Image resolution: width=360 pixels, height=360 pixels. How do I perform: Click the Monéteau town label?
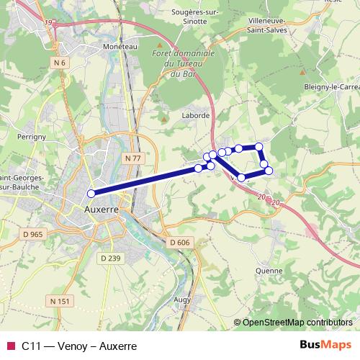coord(100,45)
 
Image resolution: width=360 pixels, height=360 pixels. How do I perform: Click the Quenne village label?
coord(268,271)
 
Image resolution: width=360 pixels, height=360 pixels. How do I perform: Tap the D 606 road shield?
coord(179,243)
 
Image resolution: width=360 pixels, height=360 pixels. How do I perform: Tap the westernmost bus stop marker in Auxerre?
coord(91,193)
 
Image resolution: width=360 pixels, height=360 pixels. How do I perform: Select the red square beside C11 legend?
coord(10,346)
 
